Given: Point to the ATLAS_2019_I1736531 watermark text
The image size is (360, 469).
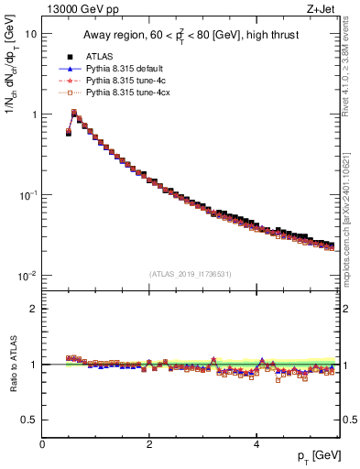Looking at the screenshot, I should [x=191, y=273].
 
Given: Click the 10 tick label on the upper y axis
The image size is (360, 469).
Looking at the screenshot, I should [x=30, y=34].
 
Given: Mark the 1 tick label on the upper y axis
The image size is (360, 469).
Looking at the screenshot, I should [x=33, y=115].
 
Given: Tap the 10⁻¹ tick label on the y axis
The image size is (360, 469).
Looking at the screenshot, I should [x=27, y=195].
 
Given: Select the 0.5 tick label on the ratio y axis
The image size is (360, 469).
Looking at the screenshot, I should [x=29, y=420].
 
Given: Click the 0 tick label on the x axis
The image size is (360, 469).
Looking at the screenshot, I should [x=42, y=445].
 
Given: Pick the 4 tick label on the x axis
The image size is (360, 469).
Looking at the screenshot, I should [x=256, y=445].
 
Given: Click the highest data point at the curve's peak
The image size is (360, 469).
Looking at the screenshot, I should [x=74, y=114].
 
